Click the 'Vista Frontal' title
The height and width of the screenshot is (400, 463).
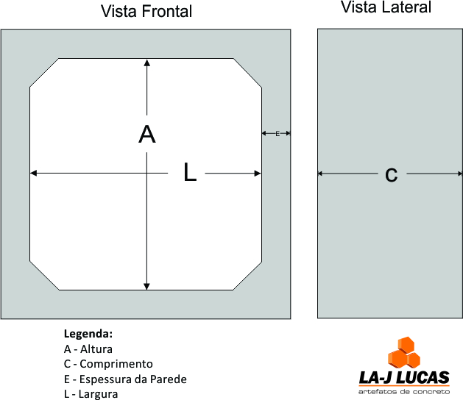click(146, 12)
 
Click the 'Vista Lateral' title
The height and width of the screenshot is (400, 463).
click(386, 8)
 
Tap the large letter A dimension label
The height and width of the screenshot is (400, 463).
click(147, 135)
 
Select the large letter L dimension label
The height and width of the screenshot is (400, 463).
click(190, 174)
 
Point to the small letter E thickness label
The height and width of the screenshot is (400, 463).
click(278, 133)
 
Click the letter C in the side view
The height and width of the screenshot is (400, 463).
click(391, 174)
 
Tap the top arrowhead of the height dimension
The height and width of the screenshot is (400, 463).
click(147, 63)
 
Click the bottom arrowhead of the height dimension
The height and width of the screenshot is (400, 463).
click(147, 285)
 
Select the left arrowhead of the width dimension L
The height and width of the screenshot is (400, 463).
click(34, 174)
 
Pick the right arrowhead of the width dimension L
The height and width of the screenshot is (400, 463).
click(258, 174)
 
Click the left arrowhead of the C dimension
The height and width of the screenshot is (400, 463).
click(321, 174)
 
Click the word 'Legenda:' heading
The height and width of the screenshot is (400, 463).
click(88, 333)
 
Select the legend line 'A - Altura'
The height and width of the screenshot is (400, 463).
click(88, 349)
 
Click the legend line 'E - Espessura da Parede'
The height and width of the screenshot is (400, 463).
click(125, 379)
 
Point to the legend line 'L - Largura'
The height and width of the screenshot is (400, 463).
click(92, 394)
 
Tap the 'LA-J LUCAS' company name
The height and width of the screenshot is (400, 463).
click(403, 378)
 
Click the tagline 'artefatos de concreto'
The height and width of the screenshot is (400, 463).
click(403, 392)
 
